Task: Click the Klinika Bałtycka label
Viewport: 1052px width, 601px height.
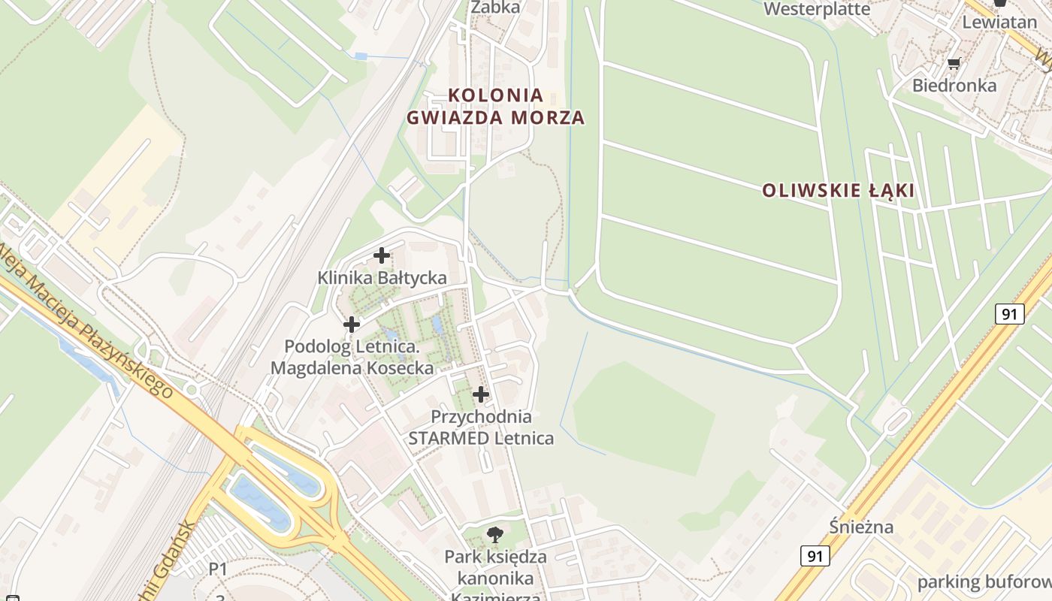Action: [x=382, y=278]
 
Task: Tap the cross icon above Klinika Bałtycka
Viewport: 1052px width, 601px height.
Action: [x=382, y=255]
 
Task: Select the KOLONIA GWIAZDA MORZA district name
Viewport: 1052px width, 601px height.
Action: [x=496, y=106]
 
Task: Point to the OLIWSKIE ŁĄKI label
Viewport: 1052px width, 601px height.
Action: [x=838, y=191]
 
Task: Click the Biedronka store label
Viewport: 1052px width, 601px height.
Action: [x=954, y=86]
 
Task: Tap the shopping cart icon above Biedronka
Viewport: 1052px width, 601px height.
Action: [x=954, y=64]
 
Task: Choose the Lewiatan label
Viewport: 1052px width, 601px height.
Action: [x=999, y=22]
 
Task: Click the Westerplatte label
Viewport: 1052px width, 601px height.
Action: [x=817, y=9]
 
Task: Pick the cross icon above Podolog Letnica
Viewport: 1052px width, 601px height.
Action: [x=351, y=325]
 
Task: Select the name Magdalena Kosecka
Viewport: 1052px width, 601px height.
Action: [x=352, y=368]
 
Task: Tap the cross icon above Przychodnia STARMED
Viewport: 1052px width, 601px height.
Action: [x=480, y=394]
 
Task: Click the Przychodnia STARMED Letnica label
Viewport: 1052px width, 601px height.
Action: [x=481, y=427]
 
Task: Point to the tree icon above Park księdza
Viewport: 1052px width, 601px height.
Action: [x=494, y=535]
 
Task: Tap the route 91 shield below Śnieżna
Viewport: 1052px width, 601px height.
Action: [x=815, y=556]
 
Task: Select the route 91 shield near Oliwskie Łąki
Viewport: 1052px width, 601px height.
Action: [x=1010, y=313]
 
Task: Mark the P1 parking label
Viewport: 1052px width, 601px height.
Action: [x=218, y=569]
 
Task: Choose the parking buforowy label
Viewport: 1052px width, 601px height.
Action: [x=981, y=582]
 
